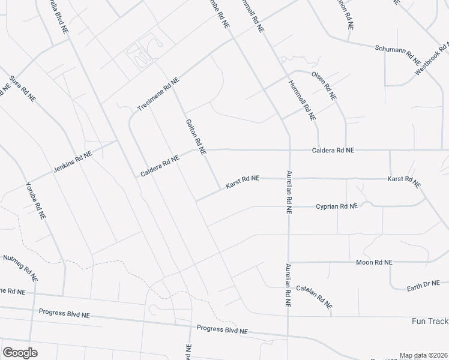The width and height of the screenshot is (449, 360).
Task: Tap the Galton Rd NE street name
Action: [x=196, y=135]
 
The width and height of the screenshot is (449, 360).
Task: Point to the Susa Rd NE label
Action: [x=22, y=88]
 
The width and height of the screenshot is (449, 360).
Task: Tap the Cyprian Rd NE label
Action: [x=337, y=206]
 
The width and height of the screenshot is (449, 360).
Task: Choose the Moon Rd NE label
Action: [x=374, y=262]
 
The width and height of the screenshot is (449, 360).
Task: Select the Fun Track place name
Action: [x=430, y=321]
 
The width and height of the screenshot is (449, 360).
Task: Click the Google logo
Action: [x=20, y=353]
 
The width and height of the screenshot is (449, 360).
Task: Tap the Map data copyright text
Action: [x=424, y=355]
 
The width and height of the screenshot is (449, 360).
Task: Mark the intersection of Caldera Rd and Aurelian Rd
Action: [x=289, y=149]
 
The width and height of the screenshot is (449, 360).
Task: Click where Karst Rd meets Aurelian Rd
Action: [x=289, y=178]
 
